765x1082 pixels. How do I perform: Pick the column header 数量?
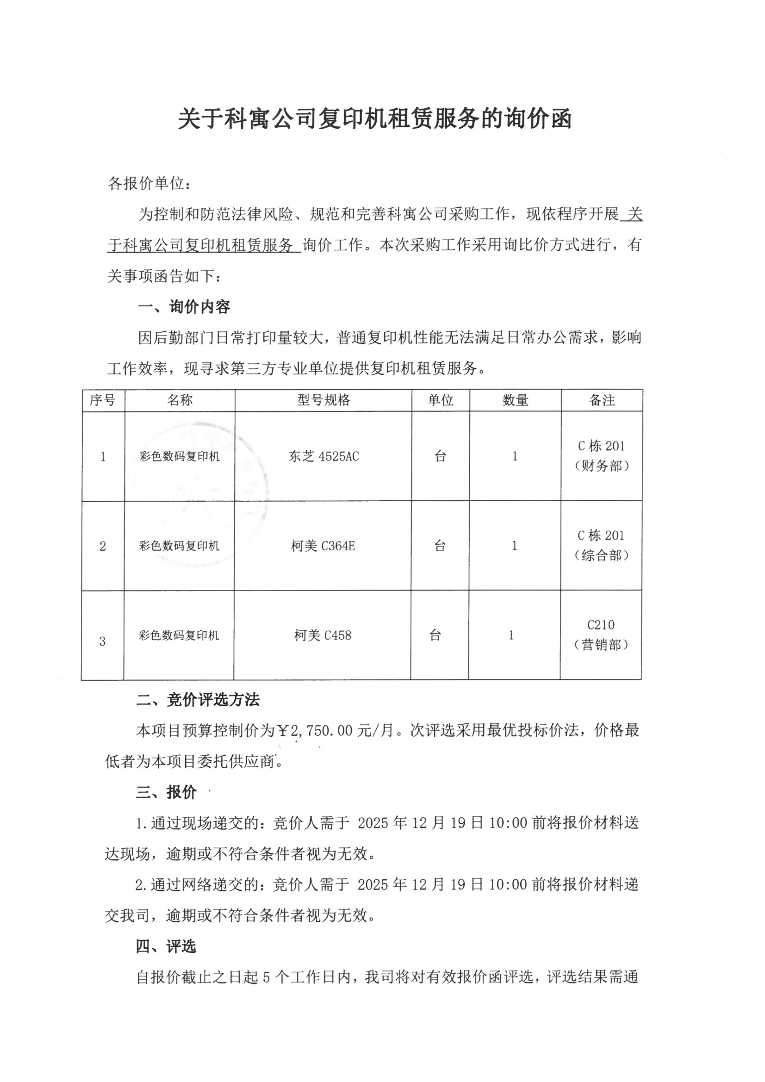tap(515, 400)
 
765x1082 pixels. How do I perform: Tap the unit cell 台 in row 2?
tap(440, 546)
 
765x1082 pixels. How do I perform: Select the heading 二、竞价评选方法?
tap(198, 700)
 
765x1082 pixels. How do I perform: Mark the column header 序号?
tap(103, 400)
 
